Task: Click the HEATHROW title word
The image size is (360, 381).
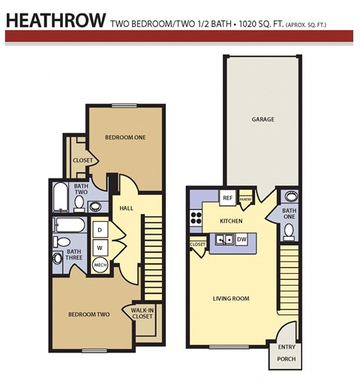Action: coord(54,19)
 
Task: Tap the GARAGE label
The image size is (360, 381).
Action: coord(262,119)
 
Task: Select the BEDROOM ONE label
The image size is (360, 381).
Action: coord(124,137)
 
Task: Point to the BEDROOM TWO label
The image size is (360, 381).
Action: coord(90,315)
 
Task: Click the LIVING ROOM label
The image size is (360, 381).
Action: coord(230,298)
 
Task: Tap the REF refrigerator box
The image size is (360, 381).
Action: coord(227,198)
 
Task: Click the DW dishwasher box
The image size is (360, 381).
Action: coord(241,240)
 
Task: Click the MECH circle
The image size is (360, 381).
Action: coord(100,265)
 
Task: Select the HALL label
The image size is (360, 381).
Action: coord(127,208)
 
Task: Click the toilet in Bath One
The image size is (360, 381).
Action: coord(289,231)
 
